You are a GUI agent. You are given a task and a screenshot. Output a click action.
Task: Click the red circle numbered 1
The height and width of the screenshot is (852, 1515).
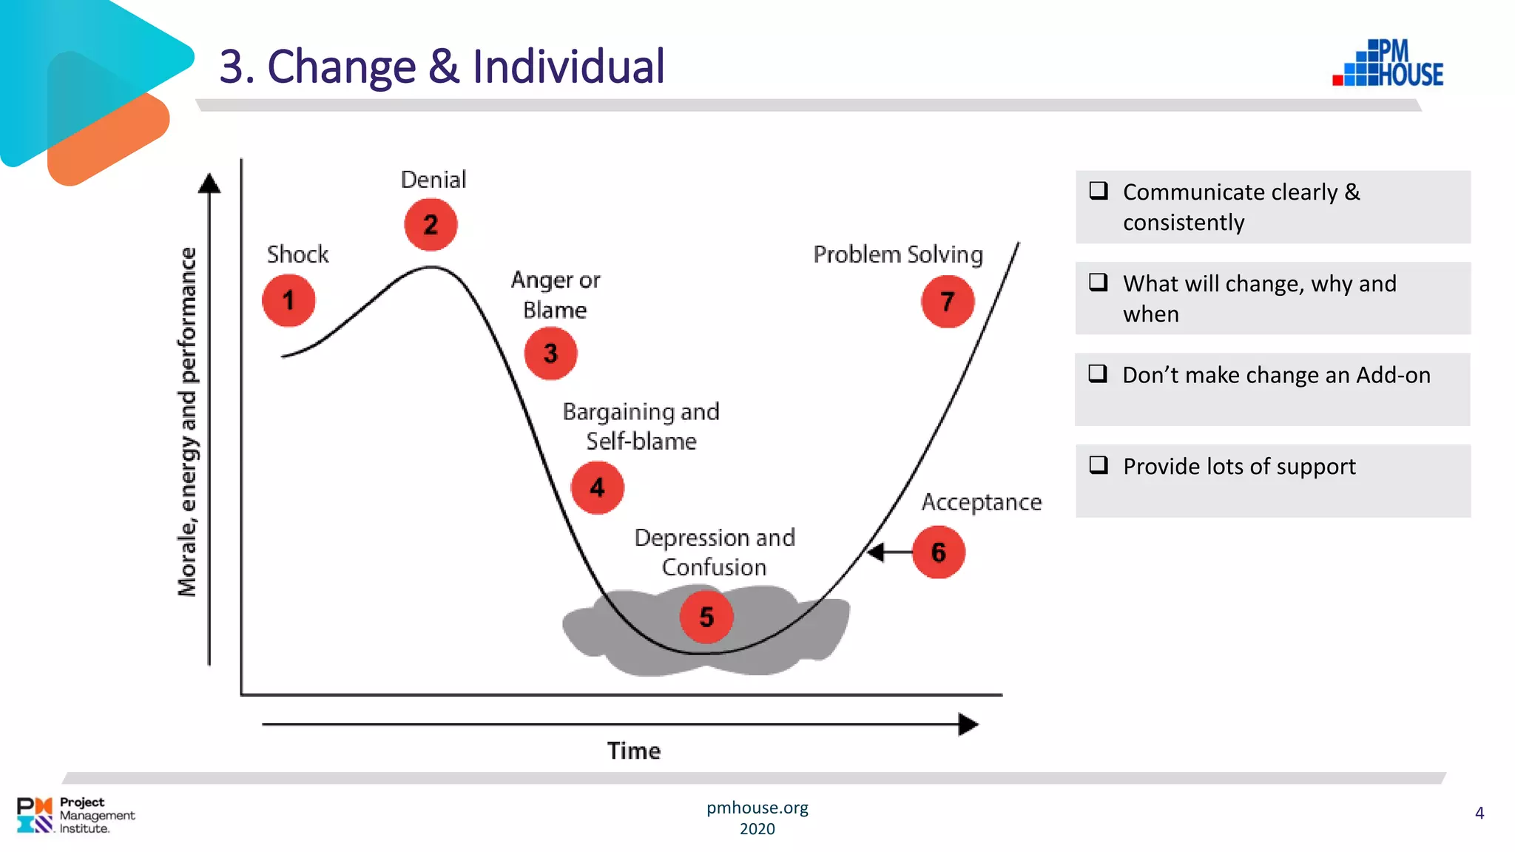289,300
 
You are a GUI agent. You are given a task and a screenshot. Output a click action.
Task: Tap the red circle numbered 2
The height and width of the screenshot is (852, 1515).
431,224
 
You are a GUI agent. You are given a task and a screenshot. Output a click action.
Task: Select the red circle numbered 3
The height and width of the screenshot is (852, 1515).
550,354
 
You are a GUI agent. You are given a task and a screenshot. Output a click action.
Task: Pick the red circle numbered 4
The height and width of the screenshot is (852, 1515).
597,487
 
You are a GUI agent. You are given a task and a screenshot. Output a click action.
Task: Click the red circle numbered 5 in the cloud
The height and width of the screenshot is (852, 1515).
706,617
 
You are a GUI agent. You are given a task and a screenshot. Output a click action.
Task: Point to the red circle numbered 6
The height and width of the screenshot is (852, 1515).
938,552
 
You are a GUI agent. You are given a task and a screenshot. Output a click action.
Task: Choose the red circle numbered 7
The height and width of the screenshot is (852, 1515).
948,302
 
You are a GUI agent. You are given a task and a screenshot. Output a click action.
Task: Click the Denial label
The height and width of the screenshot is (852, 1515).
433,180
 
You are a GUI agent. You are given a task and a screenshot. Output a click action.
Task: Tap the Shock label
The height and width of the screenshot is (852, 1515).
297,254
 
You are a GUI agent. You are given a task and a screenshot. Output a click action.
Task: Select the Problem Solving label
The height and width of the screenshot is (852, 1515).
898,254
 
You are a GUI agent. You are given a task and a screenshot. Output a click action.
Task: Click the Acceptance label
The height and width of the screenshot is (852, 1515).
981,502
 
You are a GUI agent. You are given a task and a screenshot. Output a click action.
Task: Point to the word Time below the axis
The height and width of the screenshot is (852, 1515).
634,751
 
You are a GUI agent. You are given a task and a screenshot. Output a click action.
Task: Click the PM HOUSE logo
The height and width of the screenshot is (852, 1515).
1389,64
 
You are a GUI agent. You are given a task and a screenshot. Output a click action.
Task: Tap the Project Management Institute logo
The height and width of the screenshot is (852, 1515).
75,815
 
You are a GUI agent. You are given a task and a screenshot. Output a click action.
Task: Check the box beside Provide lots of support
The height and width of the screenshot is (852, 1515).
1099,465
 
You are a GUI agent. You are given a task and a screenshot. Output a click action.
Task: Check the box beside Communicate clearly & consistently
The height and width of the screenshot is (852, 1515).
1099,191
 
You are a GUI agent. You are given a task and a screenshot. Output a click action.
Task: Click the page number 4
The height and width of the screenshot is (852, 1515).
1479,813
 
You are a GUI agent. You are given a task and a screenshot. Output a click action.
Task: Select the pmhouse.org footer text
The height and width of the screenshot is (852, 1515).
757,808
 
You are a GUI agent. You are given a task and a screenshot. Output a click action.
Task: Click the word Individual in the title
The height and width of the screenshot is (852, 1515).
568,67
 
